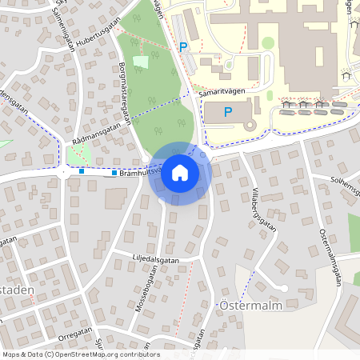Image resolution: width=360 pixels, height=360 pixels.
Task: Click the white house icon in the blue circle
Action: pos(179,172)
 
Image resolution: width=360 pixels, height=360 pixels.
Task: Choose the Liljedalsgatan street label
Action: pos(156,259)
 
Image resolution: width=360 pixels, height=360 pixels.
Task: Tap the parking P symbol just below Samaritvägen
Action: pos(228,112)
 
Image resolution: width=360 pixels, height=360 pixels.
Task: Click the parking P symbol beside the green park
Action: pos(183,47)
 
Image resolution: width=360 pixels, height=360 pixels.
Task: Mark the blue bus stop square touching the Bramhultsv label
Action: pos(114,173)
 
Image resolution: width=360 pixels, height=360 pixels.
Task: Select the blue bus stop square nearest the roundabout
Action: pos(82,170)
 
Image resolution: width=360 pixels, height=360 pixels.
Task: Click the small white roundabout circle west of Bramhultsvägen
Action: pos(62,171)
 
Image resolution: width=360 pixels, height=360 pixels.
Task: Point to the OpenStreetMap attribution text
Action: pos(80,354)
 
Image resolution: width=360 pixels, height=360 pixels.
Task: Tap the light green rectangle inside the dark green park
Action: pos(141,62)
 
